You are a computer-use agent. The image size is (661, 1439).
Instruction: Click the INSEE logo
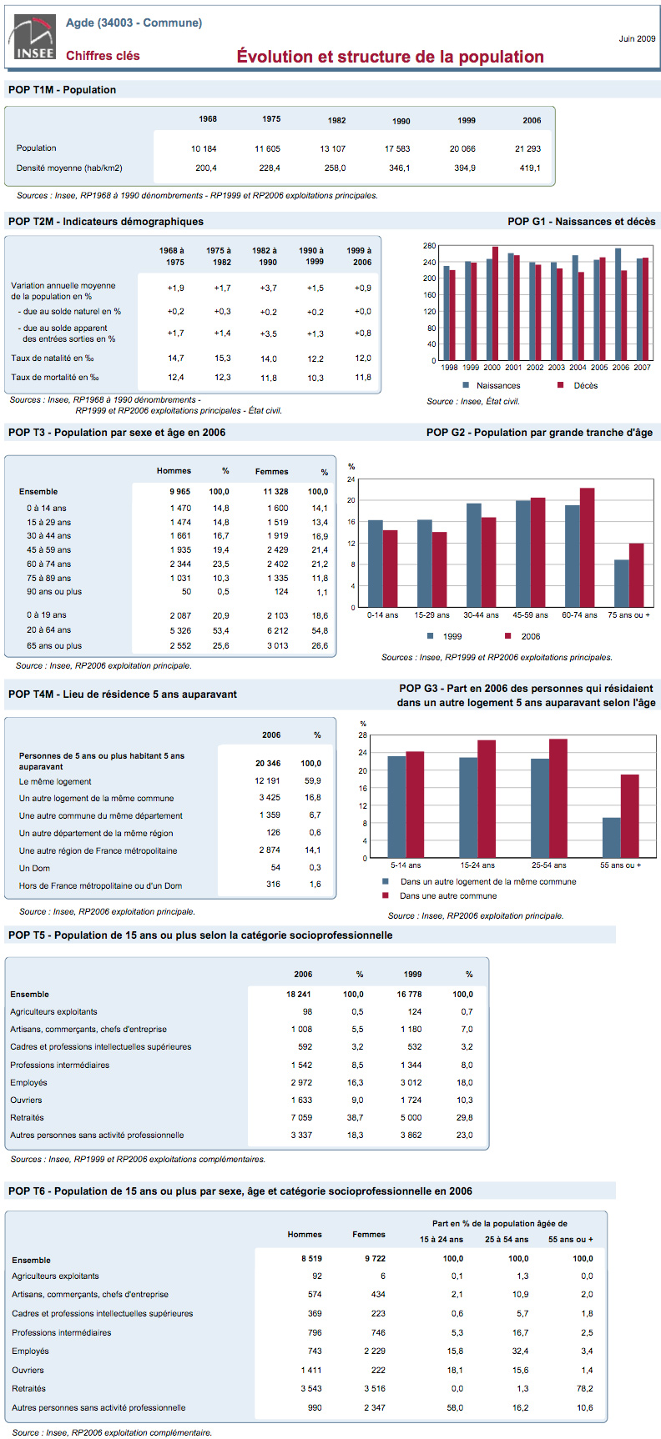[32, 38]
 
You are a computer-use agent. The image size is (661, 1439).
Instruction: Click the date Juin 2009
[637, 38]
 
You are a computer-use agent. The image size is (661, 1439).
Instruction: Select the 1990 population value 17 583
[397, 148]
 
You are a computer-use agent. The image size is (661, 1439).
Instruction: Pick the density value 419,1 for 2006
[530, 168]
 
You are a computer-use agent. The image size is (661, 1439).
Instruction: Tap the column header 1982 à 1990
[265, 256]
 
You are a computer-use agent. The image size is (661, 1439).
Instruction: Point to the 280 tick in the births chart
[429, 246]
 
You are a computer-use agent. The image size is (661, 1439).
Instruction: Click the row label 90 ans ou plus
[54, 592]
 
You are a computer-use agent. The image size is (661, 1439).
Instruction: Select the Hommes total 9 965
[179, 492]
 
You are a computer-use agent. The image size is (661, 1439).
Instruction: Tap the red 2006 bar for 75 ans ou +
[637, 575]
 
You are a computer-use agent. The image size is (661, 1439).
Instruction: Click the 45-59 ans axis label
[531, 615]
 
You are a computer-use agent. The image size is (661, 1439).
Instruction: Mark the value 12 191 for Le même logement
[267, 781]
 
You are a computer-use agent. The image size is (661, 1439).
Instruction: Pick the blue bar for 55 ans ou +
[612, 838]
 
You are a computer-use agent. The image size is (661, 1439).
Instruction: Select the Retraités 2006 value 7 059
[302, 1117]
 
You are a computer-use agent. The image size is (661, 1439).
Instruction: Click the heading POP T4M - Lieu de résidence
[122, 694]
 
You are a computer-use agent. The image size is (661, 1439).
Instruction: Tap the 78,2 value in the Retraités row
[584, 1388]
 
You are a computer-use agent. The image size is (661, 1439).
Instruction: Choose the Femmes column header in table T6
[369, 1234]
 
